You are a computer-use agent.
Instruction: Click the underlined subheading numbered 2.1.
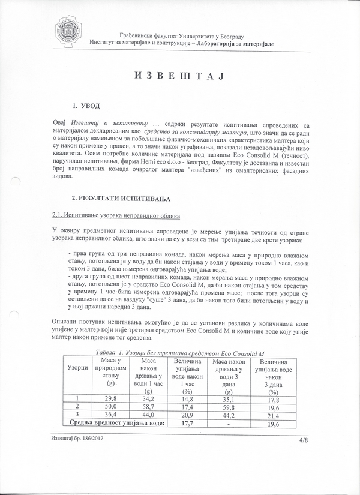click(107, 215)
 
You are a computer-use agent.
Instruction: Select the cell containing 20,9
click(187, 415)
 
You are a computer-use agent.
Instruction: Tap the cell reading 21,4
click(274, 415)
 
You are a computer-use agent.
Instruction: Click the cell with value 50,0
click(110, 406)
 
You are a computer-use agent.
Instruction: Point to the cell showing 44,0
click(148, 415)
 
